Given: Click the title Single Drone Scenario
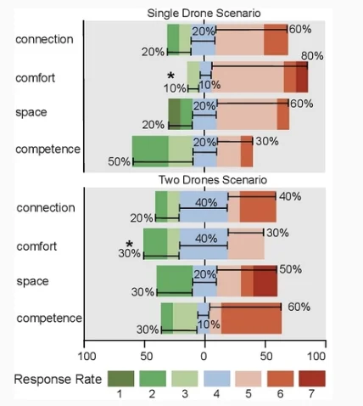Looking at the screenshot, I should point(204,13).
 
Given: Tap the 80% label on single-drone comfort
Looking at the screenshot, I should point(312,56).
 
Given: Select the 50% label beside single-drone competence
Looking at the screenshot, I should point(119,161).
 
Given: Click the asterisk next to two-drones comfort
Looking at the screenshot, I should point(131,245).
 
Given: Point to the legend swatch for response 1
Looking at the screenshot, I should point(120,378).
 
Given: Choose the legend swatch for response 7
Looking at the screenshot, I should point(310,378).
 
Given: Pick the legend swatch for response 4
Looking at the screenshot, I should point(215,378).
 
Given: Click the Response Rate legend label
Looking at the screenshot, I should point(59,378).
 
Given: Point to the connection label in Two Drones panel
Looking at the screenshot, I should point(46,208).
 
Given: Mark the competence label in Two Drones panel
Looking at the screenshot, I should point(49,319).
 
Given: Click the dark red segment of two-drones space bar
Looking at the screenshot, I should point(265,280).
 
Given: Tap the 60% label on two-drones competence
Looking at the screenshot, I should point(299,307).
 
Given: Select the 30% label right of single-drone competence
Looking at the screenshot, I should point(267,141).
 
